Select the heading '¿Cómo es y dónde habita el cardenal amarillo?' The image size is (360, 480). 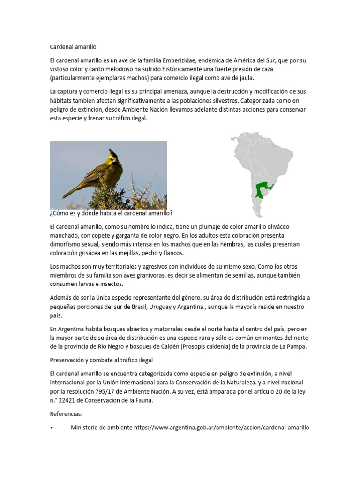pos(111,213)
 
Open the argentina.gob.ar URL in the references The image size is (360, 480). pos(221,427)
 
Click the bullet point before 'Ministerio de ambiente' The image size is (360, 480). pos(52,427)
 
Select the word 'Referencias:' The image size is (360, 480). pos(66,414)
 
